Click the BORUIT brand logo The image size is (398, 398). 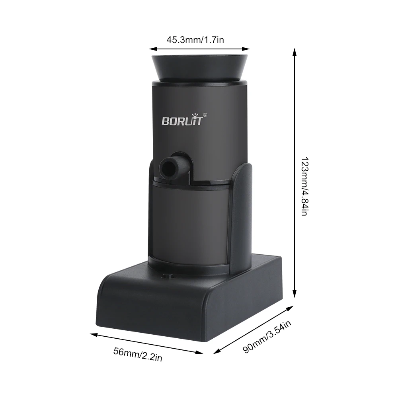(182, 120)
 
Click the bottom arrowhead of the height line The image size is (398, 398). (295, 296)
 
